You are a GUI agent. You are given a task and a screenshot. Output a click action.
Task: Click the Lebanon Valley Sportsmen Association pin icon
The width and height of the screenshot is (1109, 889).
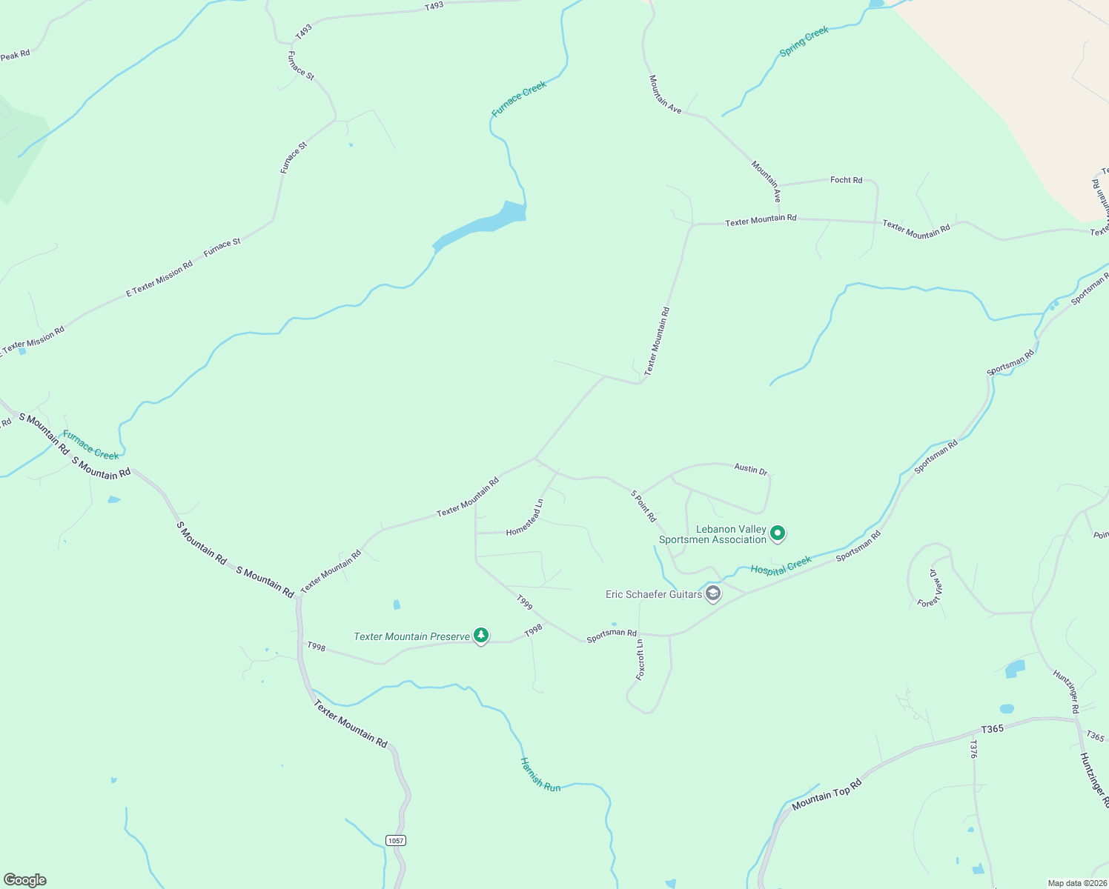(x=777, y=533)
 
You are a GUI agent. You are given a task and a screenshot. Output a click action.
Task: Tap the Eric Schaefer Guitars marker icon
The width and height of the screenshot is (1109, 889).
(x=713, y=593)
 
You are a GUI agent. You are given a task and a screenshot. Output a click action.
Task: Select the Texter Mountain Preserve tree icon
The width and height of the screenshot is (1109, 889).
(x=481, y=636)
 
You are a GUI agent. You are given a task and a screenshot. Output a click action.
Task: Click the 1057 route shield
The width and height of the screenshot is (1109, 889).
(x=396, y=840)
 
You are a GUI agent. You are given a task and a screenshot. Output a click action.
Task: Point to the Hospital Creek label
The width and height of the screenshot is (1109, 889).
(x=781, y=566)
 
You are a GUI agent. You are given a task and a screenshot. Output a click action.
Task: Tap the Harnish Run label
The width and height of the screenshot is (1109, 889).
(x=540, y=774)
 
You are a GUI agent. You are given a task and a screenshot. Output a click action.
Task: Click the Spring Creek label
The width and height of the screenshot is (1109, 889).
(x=804, y=41)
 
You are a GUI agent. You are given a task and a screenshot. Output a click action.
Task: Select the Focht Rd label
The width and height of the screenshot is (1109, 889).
(x=846, y=180)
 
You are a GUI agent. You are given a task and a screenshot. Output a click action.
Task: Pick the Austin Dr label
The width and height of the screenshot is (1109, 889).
(x=750, y=469)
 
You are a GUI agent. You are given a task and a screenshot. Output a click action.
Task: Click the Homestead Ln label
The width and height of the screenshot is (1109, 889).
(x=525, y=518)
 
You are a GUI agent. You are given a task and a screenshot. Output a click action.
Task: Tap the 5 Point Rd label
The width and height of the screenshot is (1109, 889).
(x=643, y=506)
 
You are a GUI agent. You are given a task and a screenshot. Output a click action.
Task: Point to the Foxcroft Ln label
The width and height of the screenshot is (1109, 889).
(x=640, y=659)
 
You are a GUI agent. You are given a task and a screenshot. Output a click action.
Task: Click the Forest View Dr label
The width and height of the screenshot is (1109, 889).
(x=930, y=588)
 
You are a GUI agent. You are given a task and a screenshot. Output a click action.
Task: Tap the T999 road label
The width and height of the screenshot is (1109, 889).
(x=524, y=602)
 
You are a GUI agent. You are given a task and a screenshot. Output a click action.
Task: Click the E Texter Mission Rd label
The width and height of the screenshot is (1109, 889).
(x=159, y=279)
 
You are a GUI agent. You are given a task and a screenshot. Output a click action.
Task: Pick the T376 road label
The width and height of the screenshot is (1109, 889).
(x=973, y=749)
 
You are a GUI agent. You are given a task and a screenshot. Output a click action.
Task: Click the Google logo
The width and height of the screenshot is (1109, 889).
(x=25, y=880)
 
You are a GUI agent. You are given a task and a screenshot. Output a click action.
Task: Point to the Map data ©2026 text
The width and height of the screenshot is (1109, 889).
(x=1076, y=883)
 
